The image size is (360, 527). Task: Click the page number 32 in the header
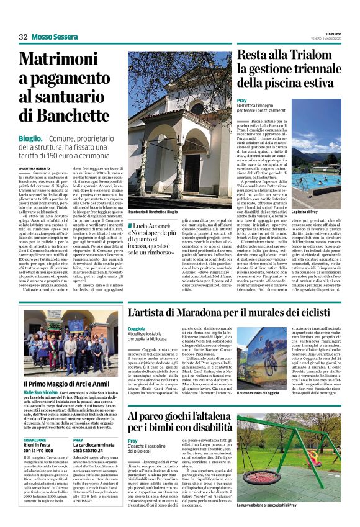(23, 37)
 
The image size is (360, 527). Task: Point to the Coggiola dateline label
(137, 328)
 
